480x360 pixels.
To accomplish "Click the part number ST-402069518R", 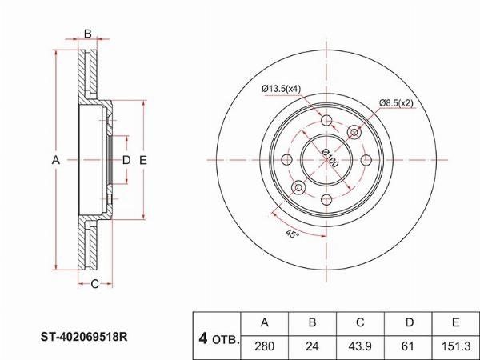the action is tap(84, 337).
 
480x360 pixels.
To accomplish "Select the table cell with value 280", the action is tap(265, 347).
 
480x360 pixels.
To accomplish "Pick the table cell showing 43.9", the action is tap(360, 347).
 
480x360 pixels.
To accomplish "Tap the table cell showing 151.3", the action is tap(456, 347).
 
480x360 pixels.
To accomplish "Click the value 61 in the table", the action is tap(408, 347).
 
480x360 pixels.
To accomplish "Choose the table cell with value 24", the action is tap(312, 347).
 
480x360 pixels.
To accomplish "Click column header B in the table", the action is tap(312, 323).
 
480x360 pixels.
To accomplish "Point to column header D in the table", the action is tap(408, 323).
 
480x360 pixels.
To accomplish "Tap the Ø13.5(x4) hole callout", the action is tap(282, 89).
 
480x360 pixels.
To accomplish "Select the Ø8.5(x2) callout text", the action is tap(396, 103).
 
